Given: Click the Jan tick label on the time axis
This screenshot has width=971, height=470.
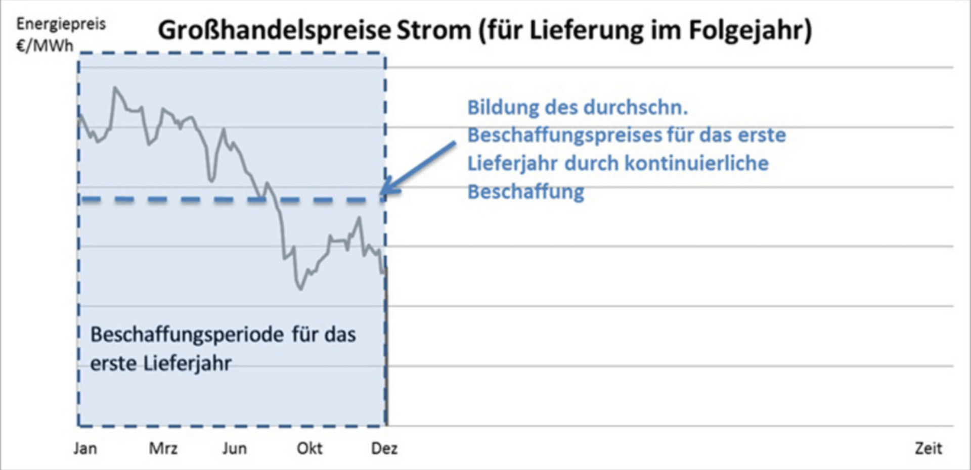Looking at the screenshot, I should pyautogui.click(x=85, y=448).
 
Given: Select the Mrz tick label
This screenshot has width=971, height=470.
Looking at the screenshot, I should pyautogui.click(x=163, y=448).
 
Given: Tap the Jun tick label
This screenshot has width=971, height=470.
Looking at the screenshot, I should pyautogui.click(x=235, y=448).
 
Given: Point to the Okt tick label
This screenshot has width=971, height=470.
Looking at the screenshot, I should pyautogui.click(x=310, y=448).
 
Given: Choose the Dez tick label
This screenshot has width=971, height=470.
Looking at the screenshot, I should pyautogui.click(x=384, y=448).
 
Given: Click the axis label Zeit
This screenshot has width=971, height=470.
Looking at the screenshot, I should pyautogui.click(x=929, y=448).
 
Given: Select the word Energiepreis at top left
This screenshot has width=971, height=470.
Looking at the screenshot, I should pyautogui.click(x=61, y=24).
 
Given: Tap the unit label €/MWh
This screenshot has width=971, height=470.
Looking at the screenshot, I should pyautogui.click(x=45, y=46).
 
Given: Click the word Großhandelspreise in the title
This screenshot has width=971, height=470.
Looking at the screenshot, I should pyautogui.click(x=274, y=30).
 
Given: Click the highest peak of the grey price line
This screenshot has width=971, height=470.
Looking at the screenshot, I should pyautogui.click(x=116, y=88).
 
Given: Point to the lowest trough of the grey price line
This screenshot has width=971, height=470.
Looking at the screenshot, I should pyautogui.click(x=301, y=289).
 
